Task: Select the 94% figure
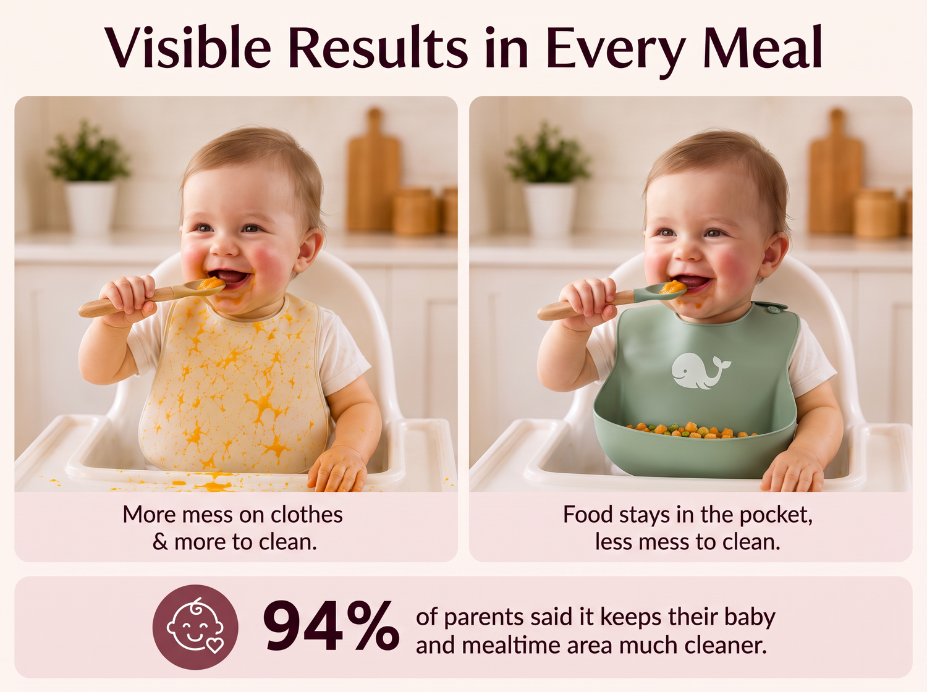coord(331,627)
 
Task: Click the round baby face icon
coord(195,627)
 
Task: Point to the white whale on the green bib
coord(700,370)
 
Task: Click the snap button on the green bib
coord(774,310)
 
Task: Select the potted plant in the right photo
coord(548,178)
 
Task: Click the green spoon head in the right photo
coord(661,290)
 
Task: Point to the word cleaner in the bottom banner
coord(725,646)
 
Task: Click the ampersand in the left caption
coord(160,542)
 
